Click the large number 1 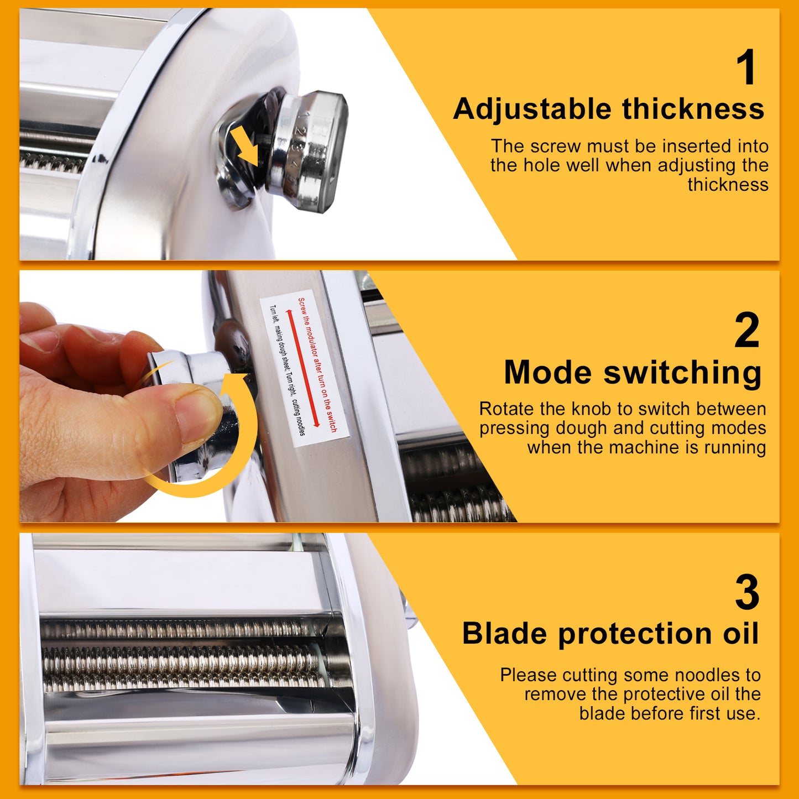click(x=748, y=67)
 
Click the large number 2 click(x=746, y=330)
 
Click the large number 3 click(x=747, y=593)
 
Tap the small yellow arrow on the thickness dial click(x=246, y=145)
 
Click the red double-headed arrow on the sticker click(x=302, y=368)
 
